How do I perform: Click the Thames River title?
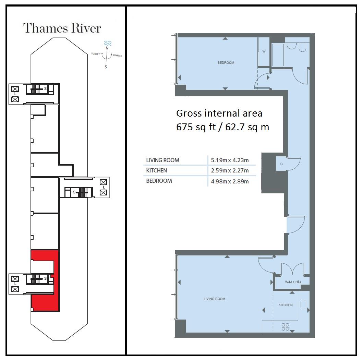coord(62,28)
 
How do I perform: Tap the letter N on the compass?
coord(107,48)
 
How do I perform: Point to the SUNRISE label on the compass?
coord(117,55)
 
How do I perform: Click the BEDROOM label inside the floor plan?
coord(226,63)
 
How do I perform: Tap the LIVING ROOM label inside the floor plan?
coord(214,299)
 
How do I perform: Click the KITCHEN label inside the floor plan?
coord(285,305)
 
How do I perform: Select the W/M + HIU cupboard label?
coord(292,282)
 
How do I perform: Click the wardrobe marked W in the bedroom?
coord(264,52)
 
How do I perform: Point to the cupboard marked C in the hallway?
coord(281,164)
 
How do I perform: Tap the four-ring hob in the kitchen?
coord(285,327)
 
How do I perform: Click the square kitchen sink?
coord(304,305)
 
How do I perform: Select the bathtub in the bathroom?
coord(278,55)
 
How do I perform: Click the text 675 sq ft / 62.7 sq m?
coord(222,127)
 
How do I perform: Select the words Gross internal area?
coord(219,113)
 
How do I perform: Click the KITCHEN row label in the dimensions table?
coord(156,170)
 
